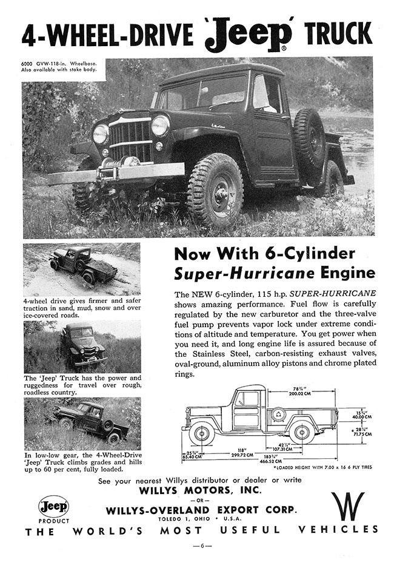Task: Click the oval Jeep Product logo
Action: [x=54, y=506]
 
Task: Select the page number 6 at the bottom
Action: [x=197, y=546]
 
